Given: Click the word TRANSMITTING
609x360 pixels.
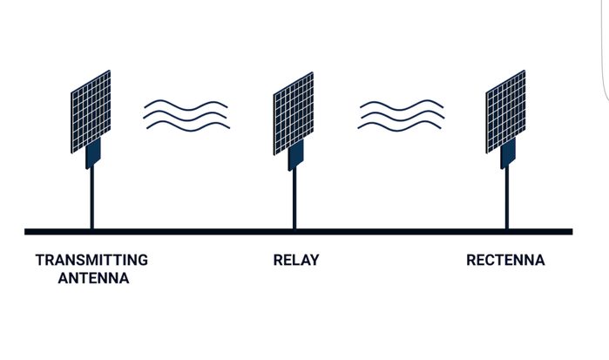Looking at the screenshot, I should [x=91, y=260].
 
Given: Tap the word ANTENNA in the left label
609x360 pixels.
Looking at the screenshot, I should [x=93, y=279].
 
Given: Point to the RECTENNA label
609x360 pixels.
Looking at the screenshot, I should [x=505, y=260].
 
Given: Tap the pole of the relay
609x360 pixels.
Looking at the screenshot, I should [x=294, y=200].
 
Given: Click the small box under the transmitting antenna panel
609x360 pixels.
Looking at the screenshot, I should [x=93, y=154].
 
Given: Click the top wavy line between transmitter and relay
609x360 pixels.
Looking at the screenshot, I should [x=186, y=105].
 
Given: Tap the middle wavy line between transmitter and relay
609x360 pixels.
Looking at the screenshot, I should [x=186, y=115].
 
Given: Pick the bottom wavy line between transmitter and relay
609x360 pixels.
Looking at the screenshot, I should [x=186, y=126].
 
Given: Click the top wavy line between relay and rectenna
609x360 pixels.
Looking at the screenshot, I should [x=402, y=105].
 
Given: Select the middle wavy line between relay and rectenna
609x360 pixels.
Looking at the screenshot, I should [x=402, y=115].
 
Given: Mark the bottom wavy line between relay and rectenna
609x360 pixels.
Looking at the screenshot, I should [x=402, y=126].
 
